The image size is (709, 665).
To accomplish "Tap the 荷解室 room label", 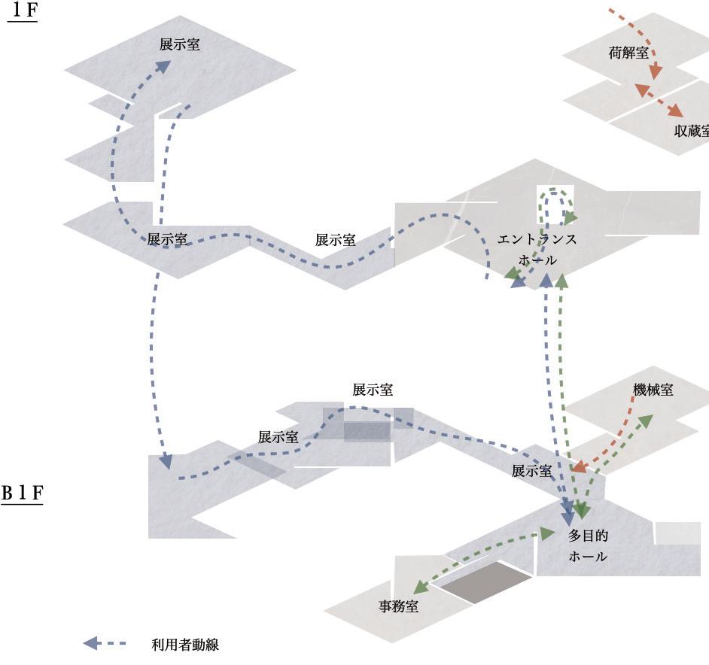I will click(x=628, y=53).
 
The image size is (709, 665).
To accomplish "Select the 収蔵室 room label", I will click(x=691, y=130).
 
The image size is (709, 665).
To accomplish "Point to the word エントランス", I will click(x=537, y=239).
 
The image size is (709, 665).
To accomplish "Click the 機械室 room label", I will click(x=653, y=390).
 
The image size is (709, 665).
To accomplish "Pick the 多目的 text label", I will click(x=588, y=536).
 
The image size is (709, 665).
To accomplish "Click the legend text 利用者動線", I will click(x=184, y=645).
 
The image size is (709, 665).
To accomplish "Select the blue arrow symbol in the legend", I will click(x=91, y=644).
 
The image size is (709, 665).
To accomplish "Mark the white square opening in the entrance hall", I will click(x=555, y=203).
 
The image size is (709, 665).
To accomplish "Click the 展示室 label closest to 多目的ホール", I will click(x=531, y=471).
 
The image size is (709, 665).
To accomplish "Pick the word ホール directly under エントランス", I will click(x=537, y=260).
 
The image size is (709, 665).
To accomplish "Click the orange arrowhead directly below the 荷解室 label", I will click(x=656, y=71).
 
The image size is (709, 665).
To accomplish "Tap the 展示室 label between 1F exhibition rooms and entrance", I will click(x=335, y=240).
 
